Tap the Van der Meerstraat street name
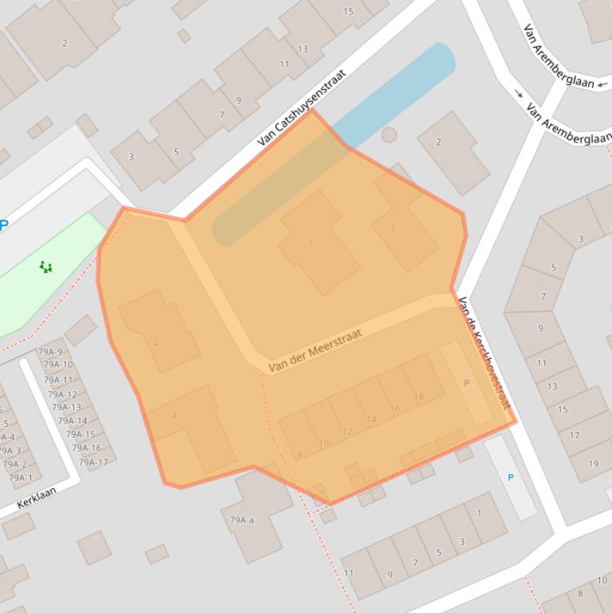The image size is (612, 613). [x=315, y=351]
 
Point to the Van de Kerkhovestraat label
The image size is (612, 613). [x=484, y=352]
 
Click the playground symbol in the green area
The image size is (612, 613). [x=46, y=267]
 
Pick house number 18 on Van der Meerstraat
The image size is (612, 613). [x=419, y=397]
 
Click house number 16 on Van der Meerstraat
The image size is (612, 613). [x=395, y=408]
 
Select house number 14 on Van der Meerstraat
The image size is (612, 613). [x=371, y=420]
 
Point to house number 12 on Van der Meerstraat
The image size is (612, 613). [x=347, y=432]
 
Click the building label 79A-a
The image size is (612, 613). [x=241, y=521]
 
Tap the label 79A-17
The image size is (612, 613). [x=93, y=463]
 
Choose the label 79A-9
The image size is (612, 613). [x=50, y=351]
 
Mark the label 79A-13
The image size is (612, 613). [x=66, y=408]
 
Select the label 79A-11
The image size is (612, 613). [x=58, y=380]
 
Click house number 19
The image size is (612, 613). [x=594, y=464]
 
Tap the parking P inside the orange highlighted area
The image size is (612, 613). [x=467, y=383]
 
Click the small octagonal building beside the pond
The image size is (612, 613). [x=388, y=135]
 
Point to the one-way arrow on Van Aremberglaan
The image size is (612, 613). [x=519, y=94]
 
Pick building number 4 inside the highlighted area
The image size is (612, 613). [x=174, y=416]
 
